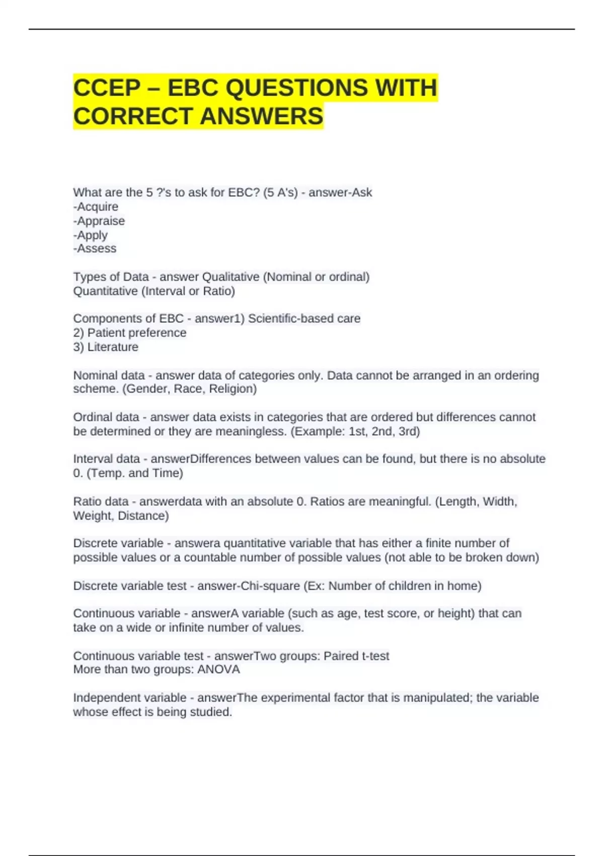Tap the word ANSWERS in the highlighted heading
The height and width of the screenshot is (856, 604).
pos(262,116)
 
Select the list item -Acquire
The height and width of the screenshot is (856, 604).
pos(96,207)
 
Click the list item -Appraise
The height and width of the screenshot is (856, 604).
pos(99,221)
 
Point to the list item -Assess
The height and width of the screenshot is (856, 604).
pos(95,249)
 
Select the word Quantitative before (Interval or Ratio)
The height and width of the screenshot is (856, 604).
pos(105,291)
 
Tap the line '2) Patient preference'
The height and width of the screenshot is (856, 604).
pos(129,333)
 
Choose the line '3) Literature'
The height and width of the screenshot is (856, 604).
pos(105,347)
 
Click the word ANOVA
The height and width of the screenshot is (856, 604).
pos(218,670)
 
